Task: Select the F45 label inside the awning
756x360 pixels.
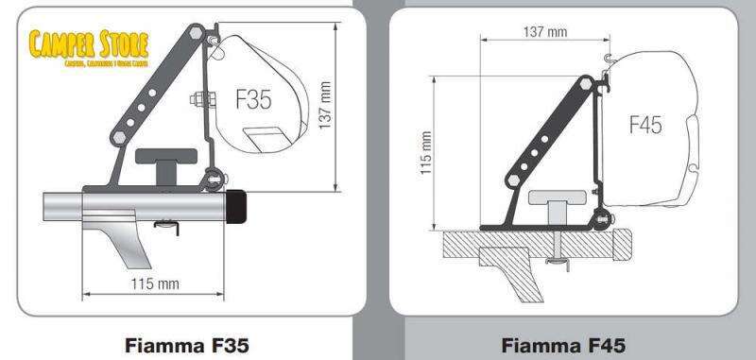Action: tap(644, 124)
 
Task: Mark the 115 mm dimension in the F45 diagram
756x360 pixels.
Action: tap(425, 153)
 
